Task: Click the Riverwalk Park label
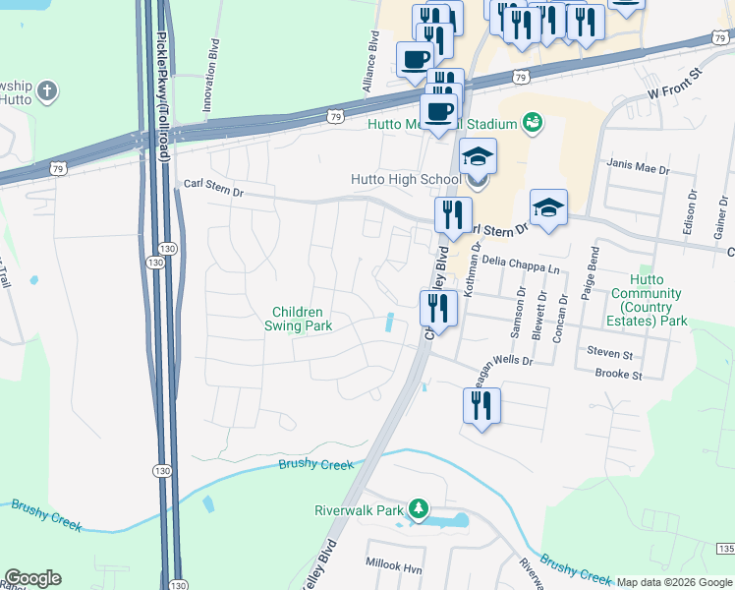point(359,510)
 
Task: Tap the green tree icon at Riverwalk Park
point(420,508)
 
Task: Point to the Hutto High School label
point(406,180)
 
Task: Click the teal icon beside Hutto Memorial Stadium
point(533,123)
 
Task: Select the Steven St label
point(609,352)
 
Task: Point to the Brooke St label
point(618,375)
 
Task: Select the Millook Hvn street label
point(393,568)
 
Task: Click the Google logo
point(32,578)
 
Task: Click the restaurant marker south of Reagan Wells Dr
point(481,405)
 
